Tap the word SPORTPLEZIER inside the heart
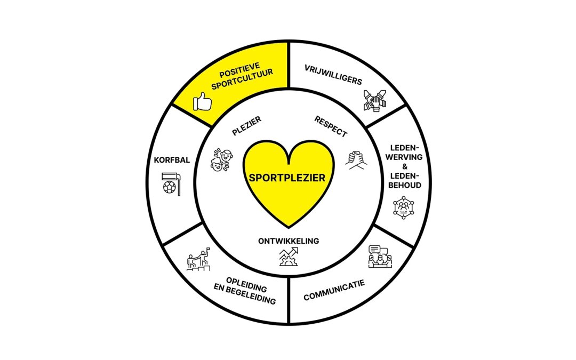pyautogui.click(x=288, y=178)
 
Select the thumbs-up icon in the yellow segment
pyautogui.click(x=202, y=100)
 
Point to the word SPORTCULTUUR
pyautogui.click(x=239, y=84)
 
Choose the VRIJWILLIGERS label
pyautogui.click(x=333, y=75)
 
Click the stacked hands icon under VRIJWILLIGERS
pyautogui.click(x=377, y=100)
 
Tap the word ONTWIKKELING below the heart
pyautogui.click(x=289, y=241)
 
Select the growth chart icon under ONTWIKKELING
pyautogui.click(x=289, y=257)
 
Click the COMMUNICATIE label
pyautogui.click(x=334, y=290)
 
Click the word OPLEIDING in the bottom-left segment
pyautogui.click(x=246, y=282)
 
